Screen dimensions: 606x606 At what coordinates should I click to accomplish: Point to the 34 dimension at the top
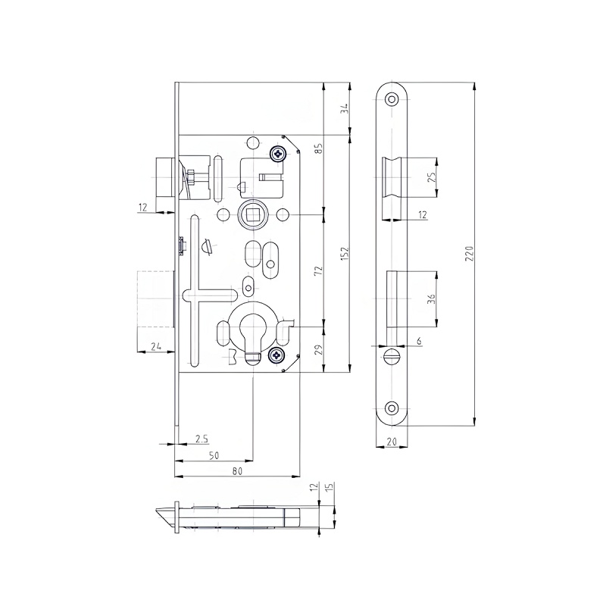click(345, 108)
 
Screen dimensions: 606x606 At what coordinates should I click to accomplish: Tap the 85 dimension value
click(319, 148)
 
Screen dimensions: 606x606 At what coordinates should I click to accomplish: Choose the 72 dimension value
click(319, 270)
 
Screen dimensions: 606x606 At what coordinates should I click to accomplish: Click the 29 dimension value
click(319, 349)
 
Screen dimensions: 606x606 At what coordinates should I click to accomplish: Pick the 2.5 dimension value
click(201, 439)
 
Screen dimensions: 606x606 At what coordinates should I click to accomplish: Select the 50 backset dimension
click(214, 454)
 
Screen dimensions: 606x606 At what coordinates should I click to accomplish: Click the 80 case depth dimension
click(236, 471)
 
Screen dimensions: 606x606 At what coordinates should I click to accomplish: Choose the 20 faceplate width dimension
click(393, 442)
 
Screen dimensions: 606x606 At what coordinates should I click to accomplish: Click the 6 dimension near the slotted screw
click(418, 342)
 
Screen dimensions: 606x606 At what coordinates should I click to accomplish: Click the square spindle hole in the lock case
click(250, 215)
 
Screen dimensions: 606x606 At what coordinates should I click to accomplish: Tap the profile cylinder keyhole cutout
click(250, 331)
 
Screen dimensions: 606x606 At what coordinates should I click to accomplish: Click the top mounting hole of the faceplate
click(392, 98)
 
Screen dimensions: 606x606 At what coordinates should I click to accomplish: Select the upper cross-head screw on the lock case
click(279, 154)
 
